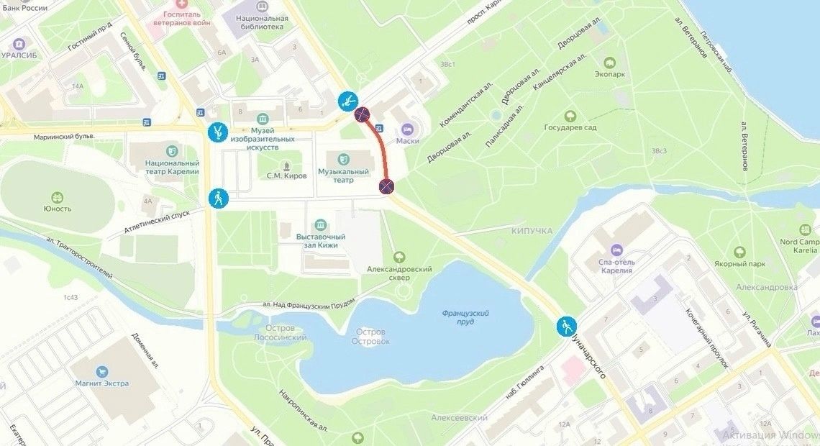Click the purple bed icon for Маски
pos(407,129)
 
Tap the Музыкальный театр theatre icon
pos(344,158)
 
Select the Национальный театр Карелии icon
pos(172,150)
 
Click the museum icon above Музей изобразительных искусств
pos(262,119)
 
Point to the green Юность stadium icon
pos(58,197)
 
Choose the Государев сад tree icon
pos(570,116)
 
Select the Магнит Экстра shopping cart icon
pos(102,371)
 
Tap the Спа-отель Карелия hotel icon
pos(616,249)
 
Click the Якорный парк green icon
pos(739,252)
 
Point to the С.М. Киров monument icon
pos(287,165)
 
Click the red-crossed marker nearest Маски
pos(363,114)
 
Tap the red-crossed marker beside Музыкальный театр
pos(386,188)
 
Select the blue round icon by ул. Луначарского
pos(567,327)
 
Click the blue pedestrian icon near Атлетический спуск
pos(218,199)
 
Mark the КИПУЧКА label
pos(532,230)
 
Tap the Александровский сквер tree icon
pos(399,257)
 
